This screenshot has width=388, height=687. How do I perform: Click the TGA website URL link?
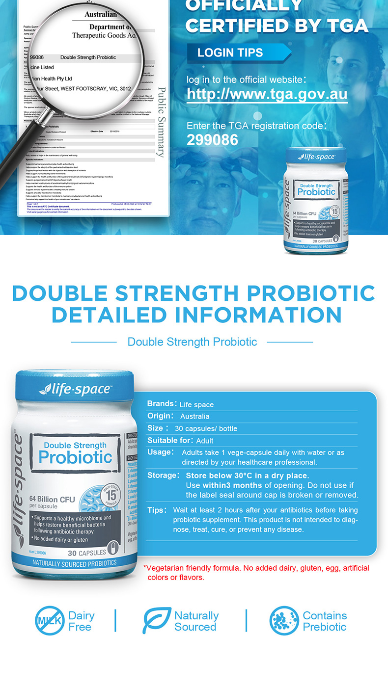[267, 94]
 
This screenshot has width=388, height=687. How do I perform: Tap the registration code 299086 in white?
[212, 140]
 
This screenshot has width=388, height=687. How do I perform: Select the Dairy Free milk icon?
[50, 621]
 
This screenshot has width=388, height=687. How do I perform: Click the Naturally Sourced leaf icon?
[157, 621]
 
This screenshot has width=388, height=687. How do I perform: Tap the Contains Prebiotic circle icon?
[284, 621]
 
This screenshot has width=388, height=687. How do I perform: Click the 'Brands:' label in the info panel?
[162, 404]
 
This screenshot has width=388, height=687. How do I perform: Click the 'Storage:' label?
[163, 476]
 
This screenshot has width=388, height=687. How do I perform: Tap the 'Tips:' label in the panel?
[157, 510]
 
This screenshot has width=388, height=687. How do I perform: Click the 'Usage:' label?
[161, 452]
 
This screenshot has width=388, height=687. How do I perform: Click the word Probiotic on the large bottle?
[75, 457]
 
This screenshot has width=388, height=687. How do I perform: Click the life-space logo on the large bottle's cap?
[75, 390]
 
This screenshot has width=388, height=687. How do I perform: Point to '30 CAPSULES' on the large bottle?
[86, 553]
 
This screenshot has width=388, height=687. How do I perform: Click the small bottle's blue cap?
[317, 157]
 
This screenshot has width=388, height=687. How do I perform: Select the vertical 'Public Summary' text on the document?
[161, 122]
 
